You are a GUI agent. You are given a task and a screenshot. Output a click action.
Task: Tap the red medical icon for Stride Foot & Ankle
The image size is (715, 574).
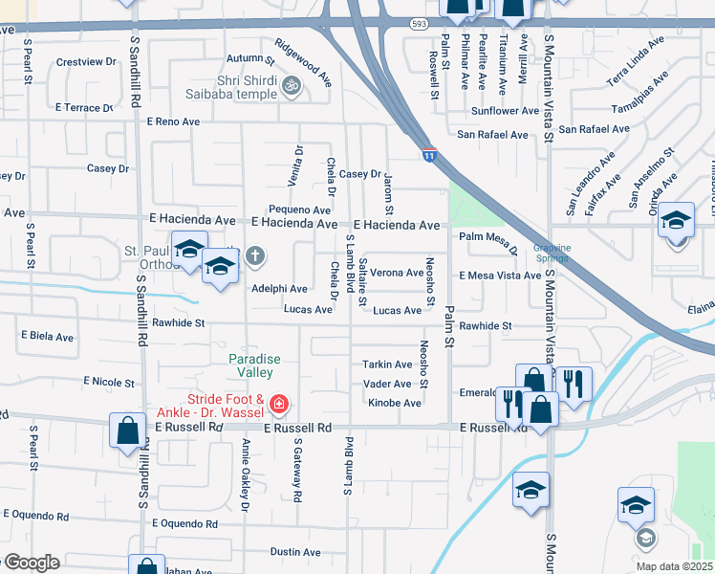pyautogui.click(x=279, y=405)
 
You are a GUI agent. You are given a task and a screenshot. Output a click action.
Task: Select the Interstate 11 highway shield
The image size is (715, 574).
pyautogui.click(x=429, y=154)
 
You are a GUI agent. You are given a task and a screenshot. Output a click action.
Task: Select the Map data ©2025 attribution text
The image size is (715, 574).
pyautogui.click(x=674, y=566)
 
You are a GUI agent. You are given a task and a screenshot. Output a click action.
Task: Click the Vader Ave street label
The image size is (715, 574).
pyautogui.click(x=387, y=383)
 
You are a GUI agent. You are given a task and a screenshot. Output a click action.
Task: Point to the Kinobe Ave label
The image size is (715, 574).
pyautogui.click(x=395, y=404)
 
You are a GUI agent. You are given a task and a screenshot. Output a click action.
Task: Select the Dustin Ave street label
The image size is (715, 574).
pyautogui.click(x=295, y=552)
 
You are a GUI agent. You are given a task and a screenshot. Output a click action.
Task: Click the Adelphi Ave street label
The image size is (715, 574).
pyautogui.click(x=279, y=289)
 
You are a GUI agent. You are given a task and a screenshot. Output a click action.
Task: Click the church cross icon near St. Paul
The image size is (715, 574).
pyautogui.click(x=254, y=255)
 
